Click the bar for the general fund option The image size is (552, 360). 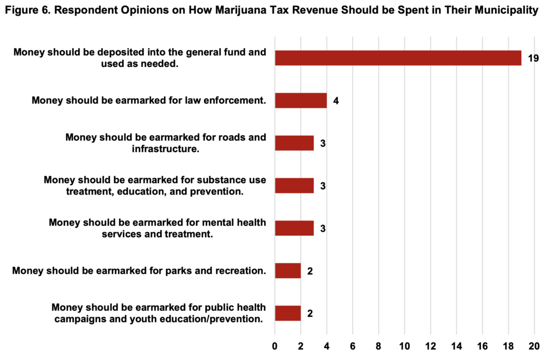[398, 58]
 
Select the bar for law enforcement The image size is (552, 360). [301, 100]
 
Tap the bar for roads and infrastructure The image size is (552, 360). [294, 143]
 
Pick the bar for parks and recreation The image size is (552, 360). [288, 271]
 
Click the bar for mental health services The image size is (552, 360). [294, 228]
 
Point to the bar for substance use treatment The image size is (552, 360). [294, 185]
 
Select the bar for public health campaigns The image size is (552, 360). [288, 313]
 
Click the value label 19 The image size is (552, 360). [533, 58]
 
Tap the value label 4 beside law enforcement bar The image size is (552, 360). [336, 101]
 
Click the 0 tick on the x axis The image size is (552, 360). [275, 345]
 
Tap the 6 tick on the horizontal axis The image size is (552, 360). [353, 345]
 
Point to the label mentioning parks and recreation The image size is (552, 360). [139, 271]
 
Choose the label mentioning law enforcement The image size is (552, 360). [149, 100]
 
